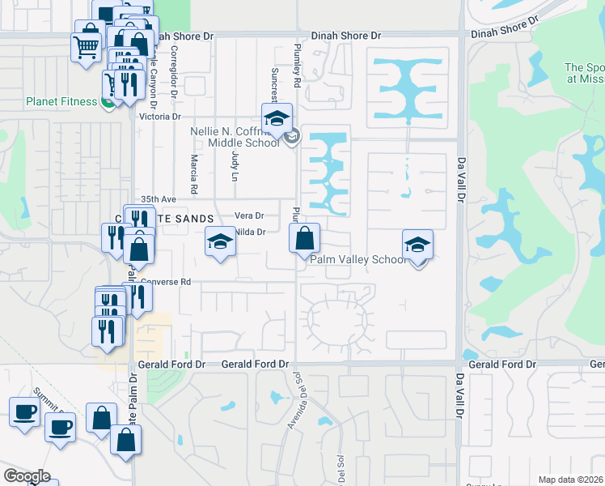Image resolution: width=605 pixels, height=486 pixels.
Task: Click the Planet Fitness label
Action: pyautogui.click(x=61, y=102)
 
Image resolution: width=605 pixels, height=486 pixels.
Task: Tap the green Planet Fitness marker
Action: pyautogui.click(x=106, y=101)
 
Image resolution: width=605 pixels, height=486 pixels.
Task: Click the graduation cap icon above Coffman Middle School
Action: pyautogui.click(x=277, y=118)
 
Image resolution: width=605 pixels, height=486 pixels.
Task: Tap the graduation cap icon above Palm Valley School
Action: pyautogui.click(x=417, y=244)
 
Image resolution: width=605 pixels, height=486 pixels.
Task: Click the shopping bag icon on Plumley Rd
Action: pyautogui.click(x=305, y=238)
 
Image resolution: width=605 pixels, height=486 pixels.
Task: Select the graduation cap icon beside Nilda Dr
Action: pyautogui.click(x=220, y=241)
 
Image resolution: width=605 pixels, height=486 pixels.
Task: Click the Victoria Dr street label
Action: pyautogui.click(x=159, y=117)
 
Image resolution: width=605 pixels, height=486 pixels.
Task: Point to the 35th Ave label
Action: pyautogui.click(x=159, y=198)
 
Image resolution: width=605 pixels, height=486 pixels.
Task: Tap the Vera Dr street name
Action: pyautogui.click(x=249, y=215)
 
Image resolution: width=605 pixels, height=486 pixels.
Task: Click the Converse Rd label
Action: pyautogui.click(x=165, y=282)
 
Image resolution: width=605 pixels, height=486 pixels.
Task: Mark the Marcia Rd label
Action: pyautogui.click(x=194, y=175)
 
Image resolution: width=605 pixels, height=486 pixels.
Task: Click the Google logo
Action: pyautogui.click(x=27, y=476)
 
